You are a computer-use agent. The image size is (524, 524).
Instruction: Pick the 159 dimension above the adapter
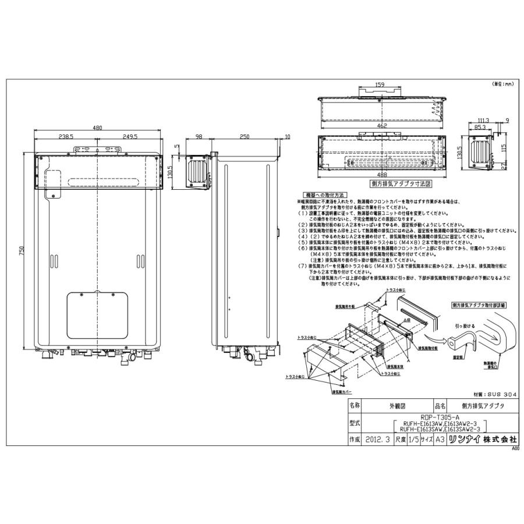(x=380, y=85)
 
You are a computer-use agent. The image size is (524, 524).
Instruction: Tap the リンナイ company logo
(x=463, y=440)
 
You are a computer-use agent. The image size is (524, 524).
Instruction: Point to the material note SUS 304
(x=495, y=394)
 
